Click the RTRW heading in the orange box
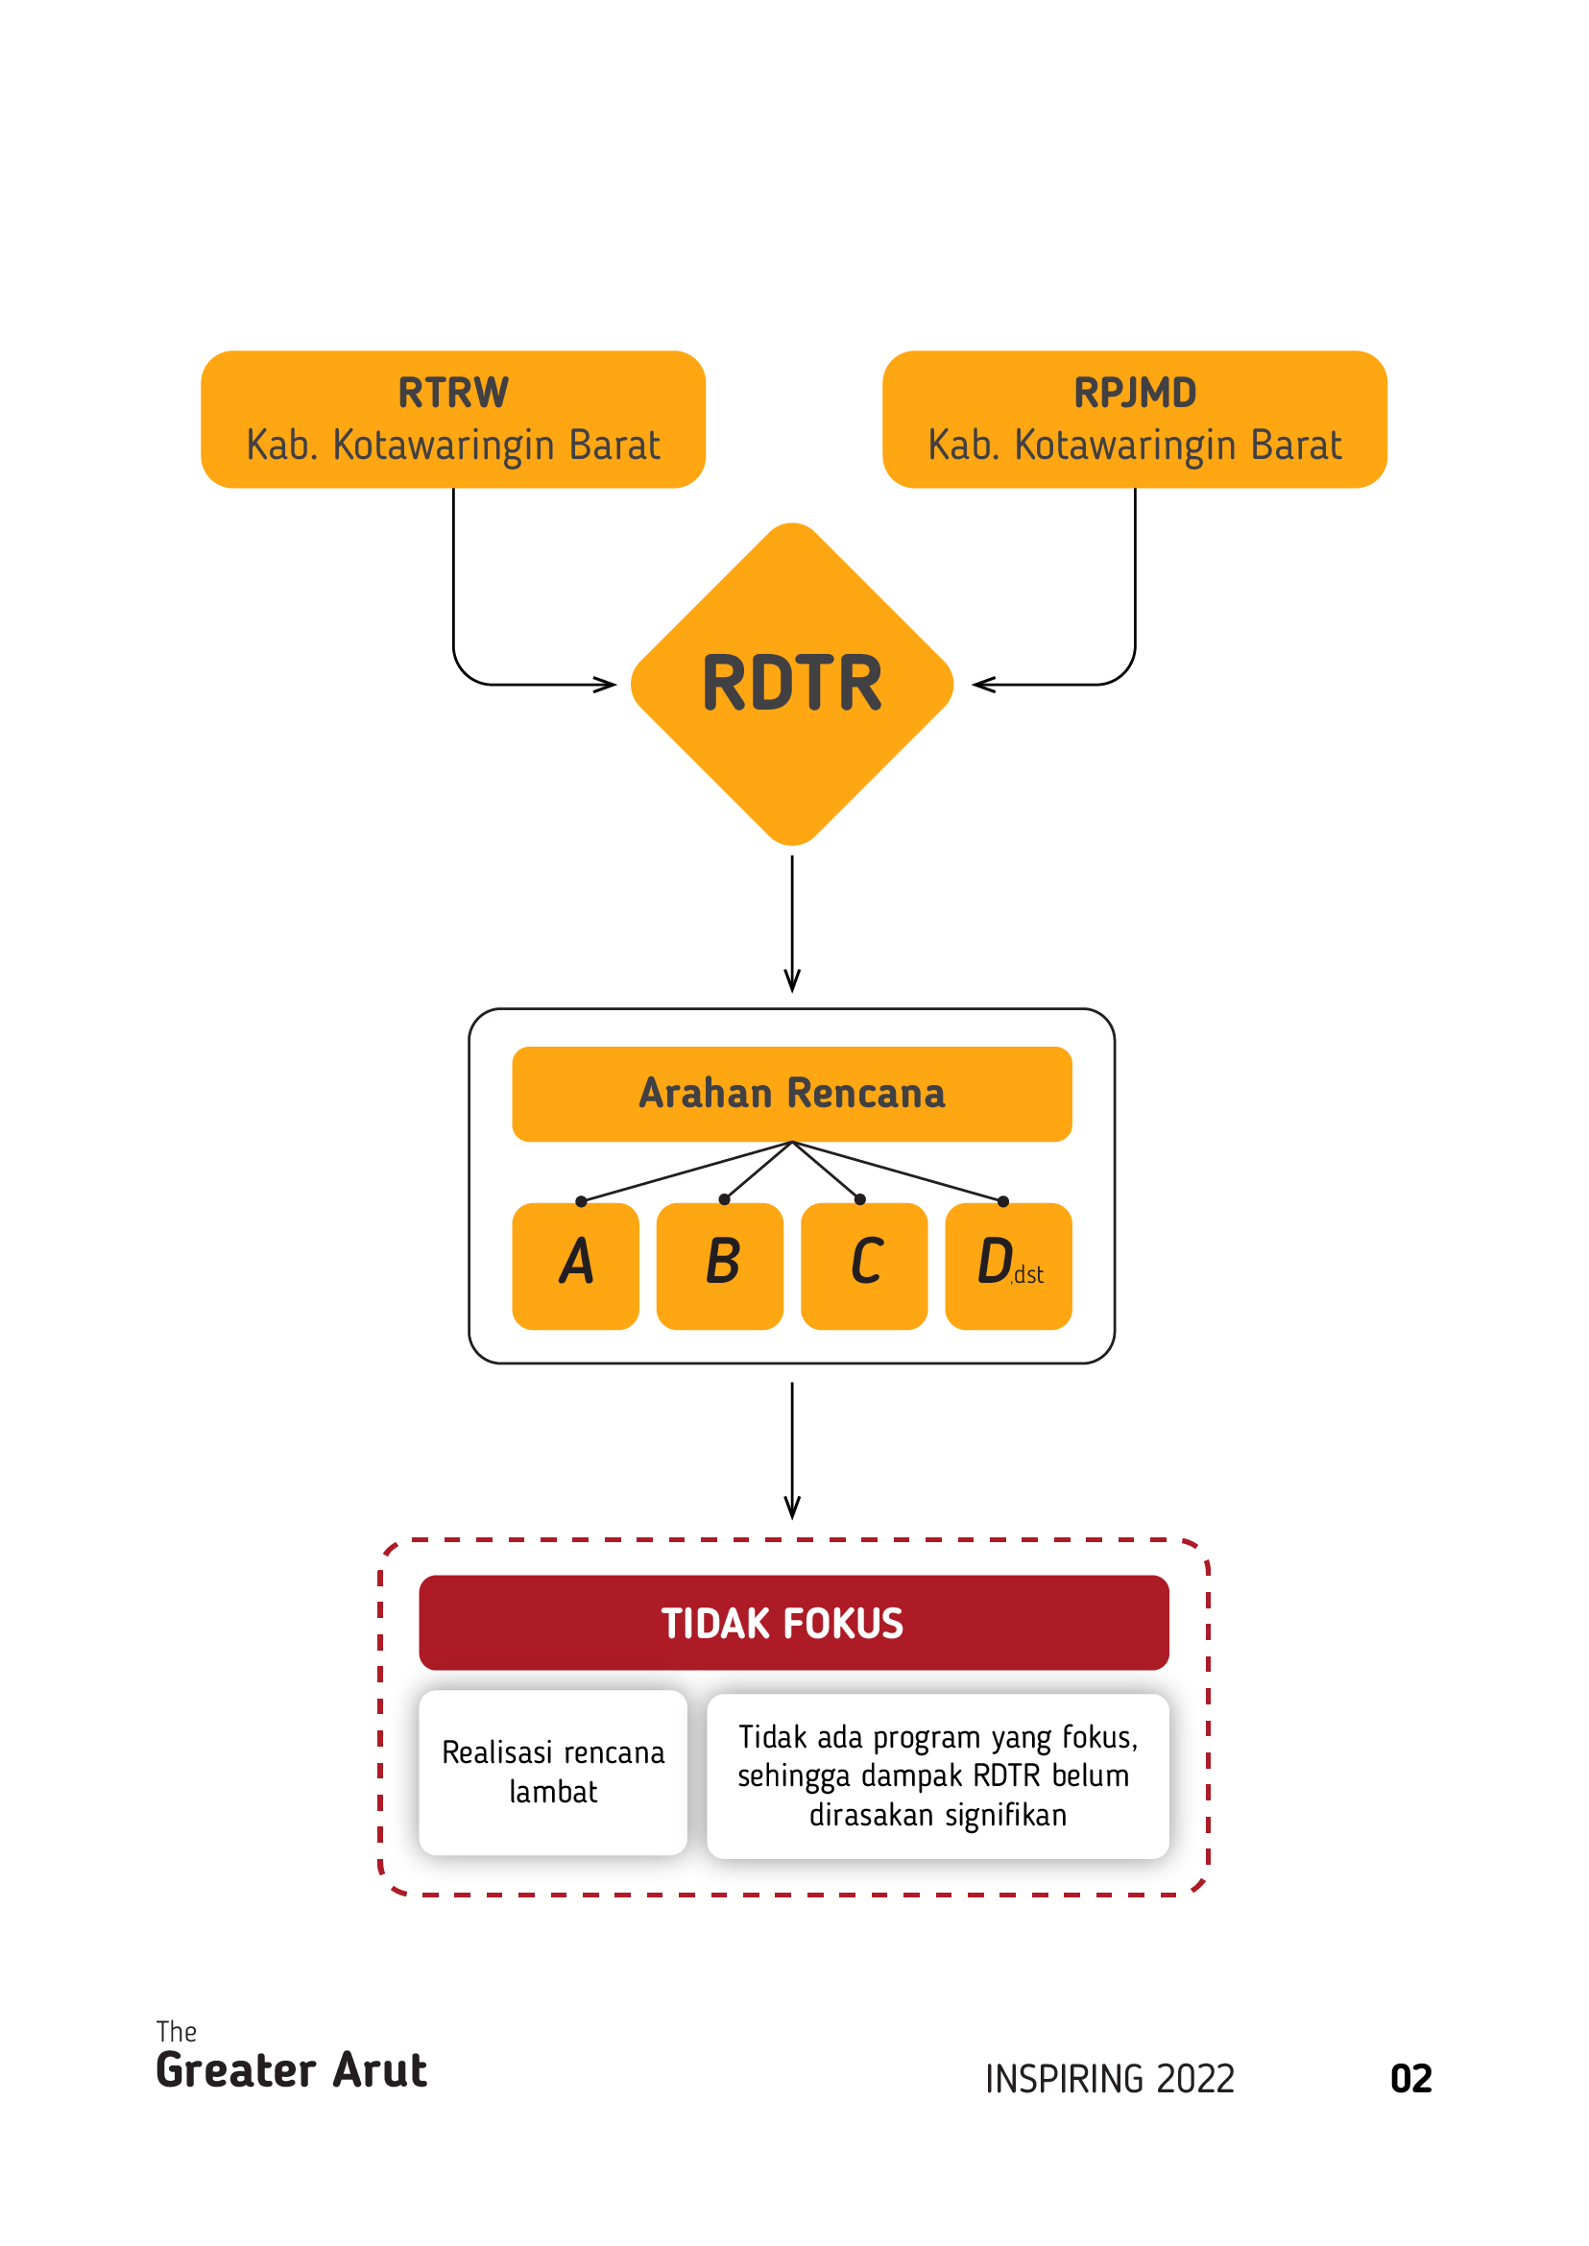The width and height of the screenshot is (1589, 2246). click(x=453, y=393)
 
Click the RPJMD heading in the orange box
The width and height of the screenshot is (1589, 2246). click(x=1135, y=393)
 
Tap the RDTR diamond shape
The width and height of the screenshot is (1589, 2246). click(x=791, y=684)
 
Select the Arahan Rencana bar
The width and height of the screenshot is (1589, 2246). click(x=791, y=1093)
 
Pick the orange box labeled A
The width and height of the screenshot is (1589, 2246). click(x=575, y=1266)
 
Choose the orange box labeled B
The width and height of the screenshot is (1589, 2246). click(x=719, y=1266)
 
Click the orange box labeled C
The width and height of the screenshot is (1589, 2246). click(x=864, y=1266)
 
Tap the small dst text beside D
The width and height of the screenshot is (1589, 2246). click(x=1028, y=1274)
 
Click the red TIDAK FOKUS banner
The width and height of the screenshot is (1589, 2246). click(x=792, y=1623)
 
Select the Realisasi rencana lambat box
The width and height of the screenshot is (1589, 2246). click(x=553, y=1772)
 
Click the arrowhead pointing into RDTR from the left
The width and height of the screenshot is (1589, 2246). click(x=608, y=684)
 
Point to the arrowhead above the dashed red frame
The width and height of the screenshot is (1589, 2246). click(x=792, y=1509)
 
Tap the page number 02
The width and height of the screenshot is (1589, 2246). click(x=1410, y=2079)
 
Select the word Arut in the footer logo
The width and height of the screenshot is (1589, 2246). click(x=379, y=2071)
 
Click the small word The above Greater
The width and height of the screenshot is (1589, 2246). click(x=176, y=2032)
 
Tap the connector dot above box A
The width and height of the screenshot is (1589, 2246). click(x=581, y=1201)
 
